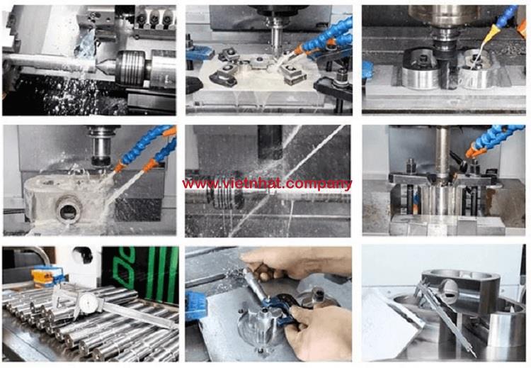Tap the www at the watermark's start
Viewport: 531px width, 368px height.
click(x=195, y=184)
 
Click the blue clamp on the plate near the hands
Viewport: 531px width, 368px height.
click(x=195, y=306)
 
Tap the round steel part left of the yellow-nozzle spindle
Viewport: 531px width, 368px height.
click(x=419, y=69)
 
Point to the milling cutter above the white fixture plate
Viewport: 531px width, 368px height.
click(x=276, y=38)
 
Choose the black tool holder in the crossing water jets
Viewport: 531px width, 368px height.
click(x=270, y=143)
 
